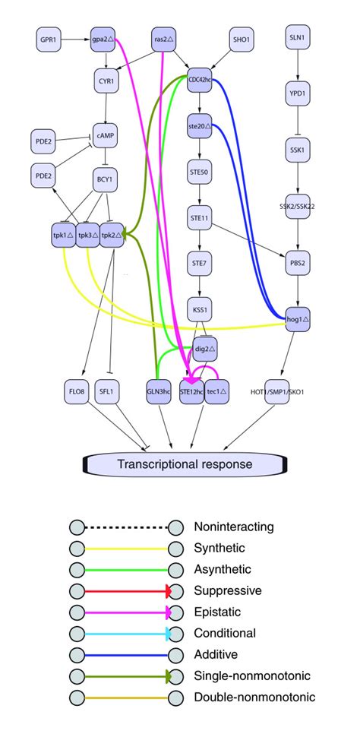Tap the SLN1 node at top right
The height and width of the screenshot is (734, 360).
298,38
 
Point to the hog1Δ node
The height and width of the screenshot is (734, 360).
298,318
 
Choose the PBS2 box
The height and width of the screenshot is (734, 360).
298,264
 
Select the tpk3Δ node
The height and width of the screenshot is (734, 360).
88,236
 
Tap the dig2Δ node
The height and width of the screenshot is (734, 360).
204,350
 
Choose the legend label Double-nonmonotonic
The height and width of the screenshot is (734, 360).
254,697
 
